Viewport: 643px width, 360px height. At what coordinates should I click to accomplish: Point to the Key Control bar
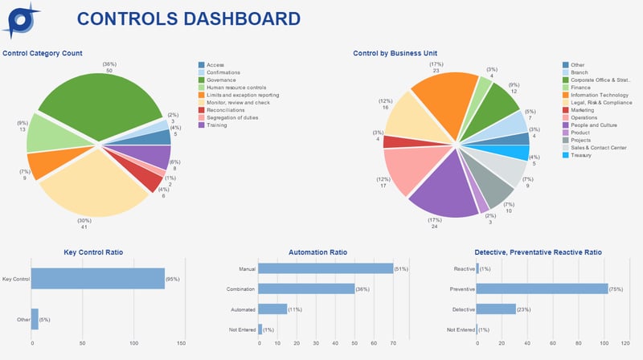[x=97, y=279]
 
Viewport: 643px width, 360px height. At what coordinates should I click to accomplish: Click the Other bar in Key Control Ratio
[x=35, y=319]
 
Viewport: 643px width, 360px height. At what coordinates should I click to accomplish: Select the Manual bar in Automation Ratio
[x=326, y=268]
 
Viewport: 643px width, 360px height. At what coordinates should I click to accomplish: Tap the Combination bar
[x=306, y=288]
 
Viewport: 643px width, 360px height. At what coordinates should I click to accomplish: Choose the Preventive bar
[x=542, y=288]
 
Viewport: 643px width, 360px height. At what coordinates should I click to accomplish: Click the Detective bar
[x=496, y=309]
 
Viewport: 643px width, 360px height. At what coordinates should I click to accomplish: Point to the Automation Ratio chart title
[x=317, y=252]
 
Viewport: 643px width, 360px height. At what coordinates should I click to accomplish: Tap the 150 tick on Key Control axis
[x=181, y=343]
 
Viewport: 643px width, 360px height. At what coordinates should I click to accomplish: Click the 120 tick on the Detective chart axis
[x=625, y=343]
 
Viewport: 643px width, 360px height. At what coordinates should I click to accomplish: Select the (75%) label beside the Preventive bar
[x=616, y=288]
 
